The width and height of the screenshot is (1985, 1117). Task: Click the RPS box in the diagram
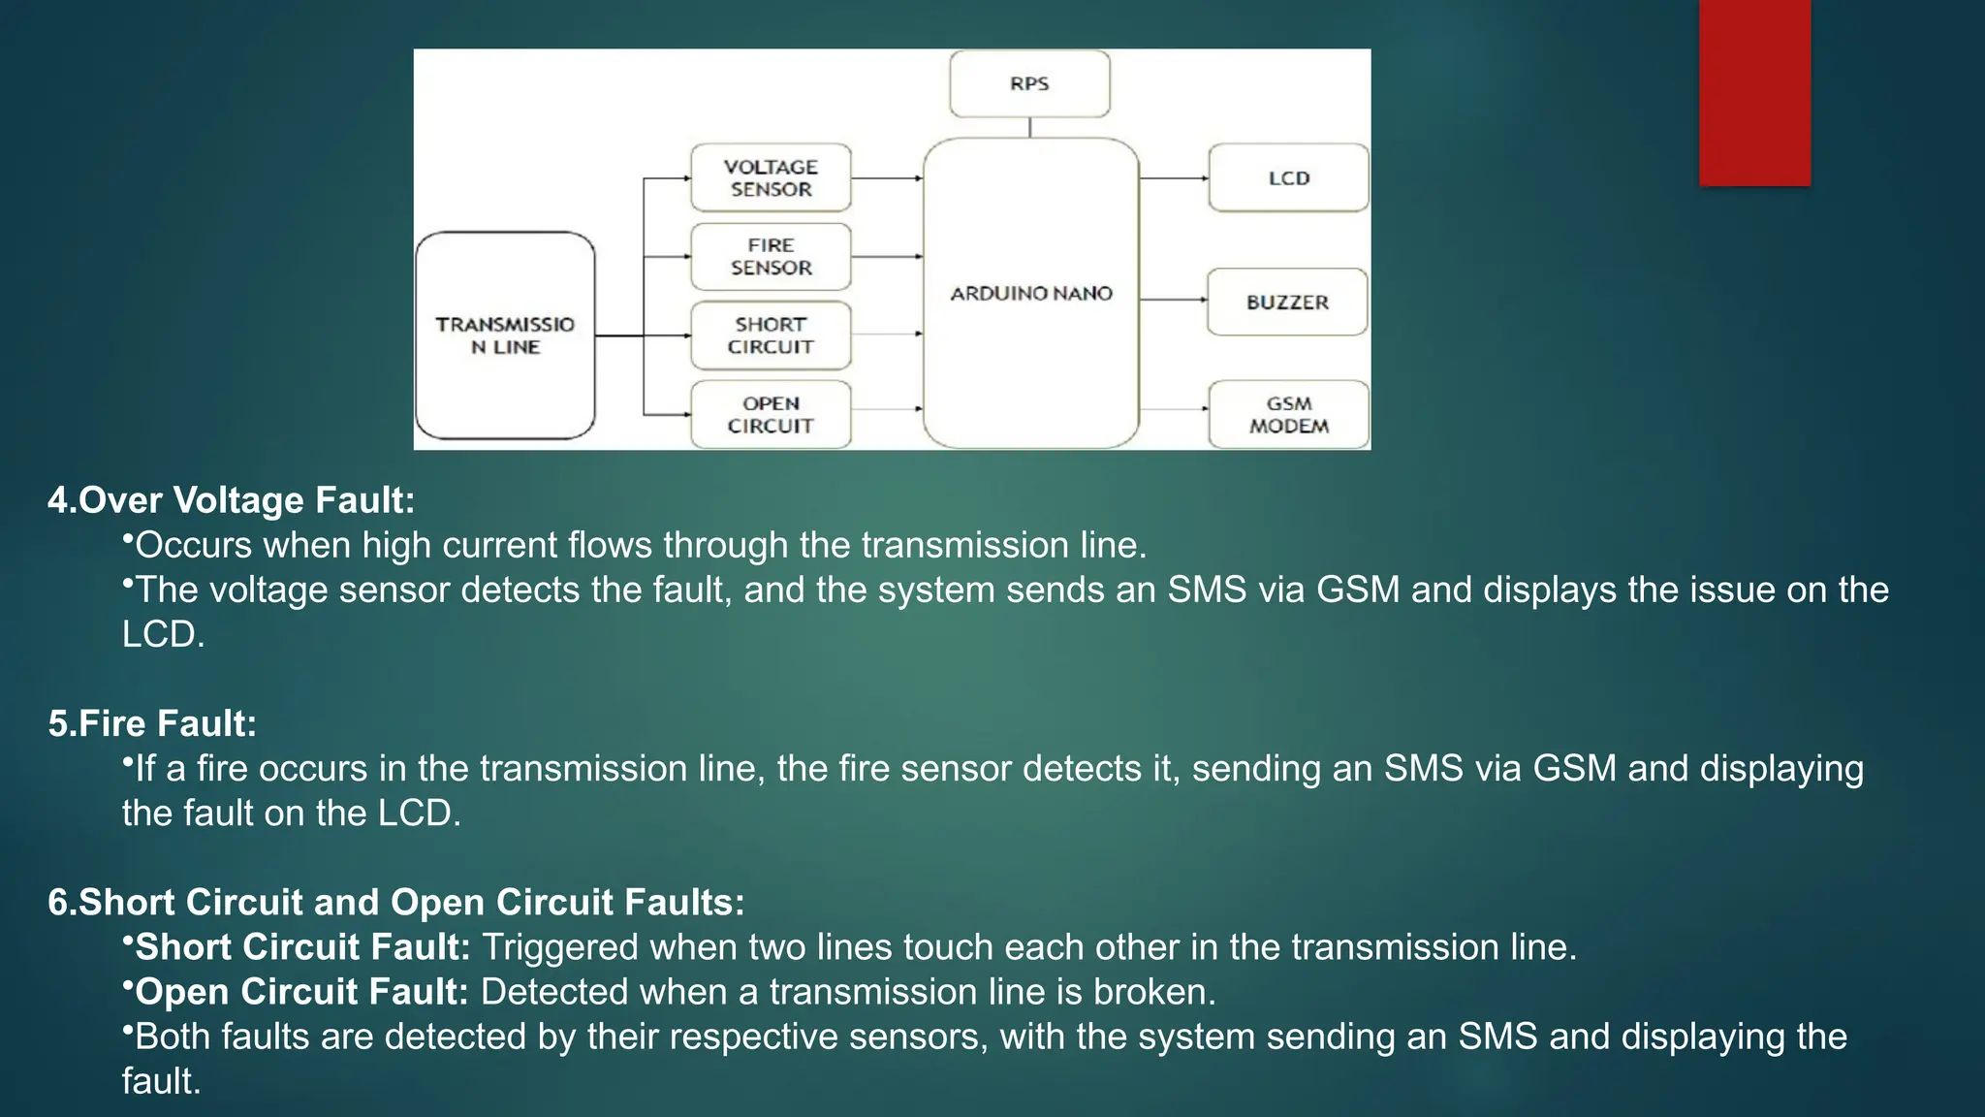[x=1029, y=84]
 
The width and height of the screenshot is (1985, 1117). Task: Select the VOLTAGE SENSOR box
[x=771, y=178]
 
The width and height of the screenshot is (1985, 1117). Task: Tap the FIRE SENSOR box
[x=771, y=257]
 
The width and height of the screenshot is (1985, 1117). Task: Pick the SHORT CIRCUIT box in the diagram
[x=771, y=335]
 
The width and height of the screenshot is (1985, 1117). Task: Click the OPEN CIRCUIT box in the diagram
[x=771, y=415]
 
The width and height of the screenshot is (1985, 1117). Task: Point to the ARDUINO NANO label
[x=1030, y=294]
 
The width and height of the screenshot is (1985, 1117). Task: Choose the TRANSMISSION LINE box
[x=505, y=335]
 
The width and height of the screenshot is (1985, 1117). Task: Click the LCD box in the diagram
[x=1288, y=178]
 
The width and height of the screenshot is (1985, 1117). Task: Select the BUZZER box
[x=1287, y=303]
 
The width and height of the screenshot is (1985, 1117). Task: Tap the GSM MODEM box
[x=1288, y=415]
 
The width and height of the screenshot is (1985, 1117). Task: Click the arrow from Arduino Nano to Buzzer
[x=1173, y=301]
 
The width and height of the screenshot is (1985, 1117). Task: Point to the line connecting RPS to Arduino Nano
[x=1029, y=128]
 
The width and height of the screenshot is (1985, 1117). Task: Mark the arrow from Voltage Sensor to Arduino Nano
[x=887, y=178]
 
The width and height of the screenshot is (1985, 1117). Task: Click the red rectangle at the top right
[x=1754, y=92]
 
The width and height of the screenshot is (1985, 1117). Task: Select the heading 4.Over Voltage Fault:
[x=232, y=500]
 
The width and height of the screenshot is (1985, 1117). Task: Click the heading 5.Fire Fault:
[x=152, y=723]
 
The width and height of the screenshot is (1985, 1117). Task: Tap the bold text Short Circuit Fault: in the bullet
[x=302, y=947]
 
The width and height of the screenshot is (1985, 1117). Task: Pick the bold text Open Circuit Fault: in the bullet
[x=301, y=992]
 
